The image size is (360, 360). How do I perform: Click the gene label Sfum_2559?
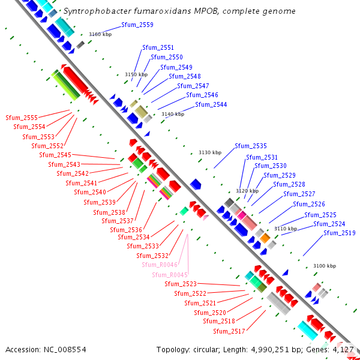(x=137, y=25)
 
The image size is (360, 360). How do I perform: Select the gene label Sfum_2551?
(x=158, y=47)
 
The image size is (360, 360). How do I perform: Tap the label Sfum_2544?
(x=211, y=104)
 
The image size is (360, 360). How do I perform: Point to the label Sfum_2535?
(x=251, y=146)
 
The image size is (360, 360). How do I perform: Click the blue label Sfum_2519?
(x=339, y=233)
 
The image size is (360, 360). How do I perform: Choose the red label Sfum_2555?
(x=21, y=118)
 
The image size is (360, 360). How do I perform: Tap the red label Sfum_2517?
(x=229, y=331)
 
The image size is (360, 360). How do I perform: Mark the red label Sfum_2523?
(x=181, y=284)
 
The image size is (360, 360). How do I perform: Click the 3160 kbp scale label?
(x=100, y=35)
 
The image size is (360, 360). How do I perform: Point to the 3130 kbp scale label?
(x=210, y=153)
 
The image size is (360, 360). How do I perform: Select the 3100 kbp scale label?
(x=325, y=266)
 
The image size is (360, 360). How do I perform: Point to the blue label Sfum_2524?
(x=329, y=224)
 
